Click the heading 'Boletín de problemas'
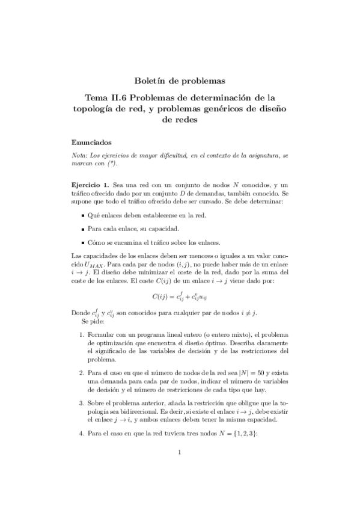point(180,81)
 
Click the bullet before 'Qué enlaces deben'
point(82,214)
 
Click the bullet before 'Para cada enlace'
point(82,229)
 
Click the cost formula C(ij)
point(180,295)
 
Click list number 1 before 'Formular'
point(82,334)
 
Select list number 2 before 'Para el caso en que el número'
point(82,373)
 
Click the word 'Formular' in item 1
point(100,334)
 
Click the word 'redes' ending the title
point(180,120)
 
